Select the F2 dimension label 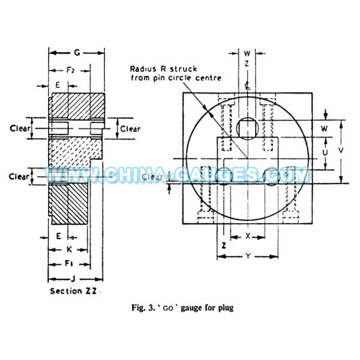[70, 70]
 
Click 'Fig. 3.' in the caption [142, 308]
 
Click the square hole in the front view [248, 127]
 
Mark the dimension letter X [248, 236]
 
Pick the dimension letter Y [248, 256]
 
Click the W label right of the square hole [325, 128]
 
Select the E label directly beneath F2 [58, 86]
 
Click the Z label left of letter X [224, 246]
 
